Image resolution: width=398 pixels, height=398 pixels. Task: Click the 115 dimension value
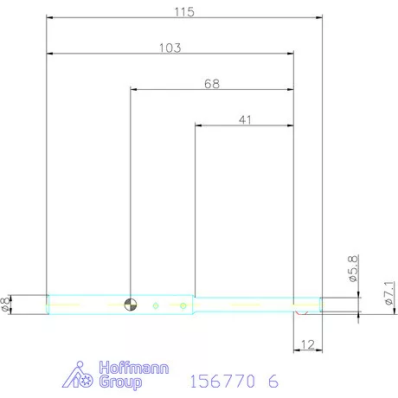(x=184, y=12)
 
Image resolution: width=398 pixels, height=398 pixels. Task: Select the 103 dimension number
(x=170, y=48)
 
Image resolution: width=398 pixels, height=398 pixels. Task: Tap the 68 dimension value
(x=212, y=84)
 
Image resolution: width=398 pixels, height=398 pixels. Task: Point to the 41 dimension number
(x=245, y=119)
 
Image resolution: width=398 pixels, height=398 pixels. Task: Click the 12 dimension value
(x=307, y=344)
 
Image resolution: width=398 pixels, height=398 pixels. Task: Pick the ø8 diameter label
(x=5, y=305)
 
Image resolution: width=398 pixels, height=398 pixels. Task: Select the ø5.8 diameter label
(x=353, y=268)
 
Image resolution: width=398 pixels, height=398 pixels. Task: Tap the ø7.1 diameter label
(x=389, y=293)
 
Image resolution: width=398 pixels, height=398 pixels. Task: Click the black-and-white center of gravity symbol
(x=131, y=305)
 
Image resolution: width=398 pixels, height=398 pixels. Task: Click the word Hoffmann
(x=134, y=368)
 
